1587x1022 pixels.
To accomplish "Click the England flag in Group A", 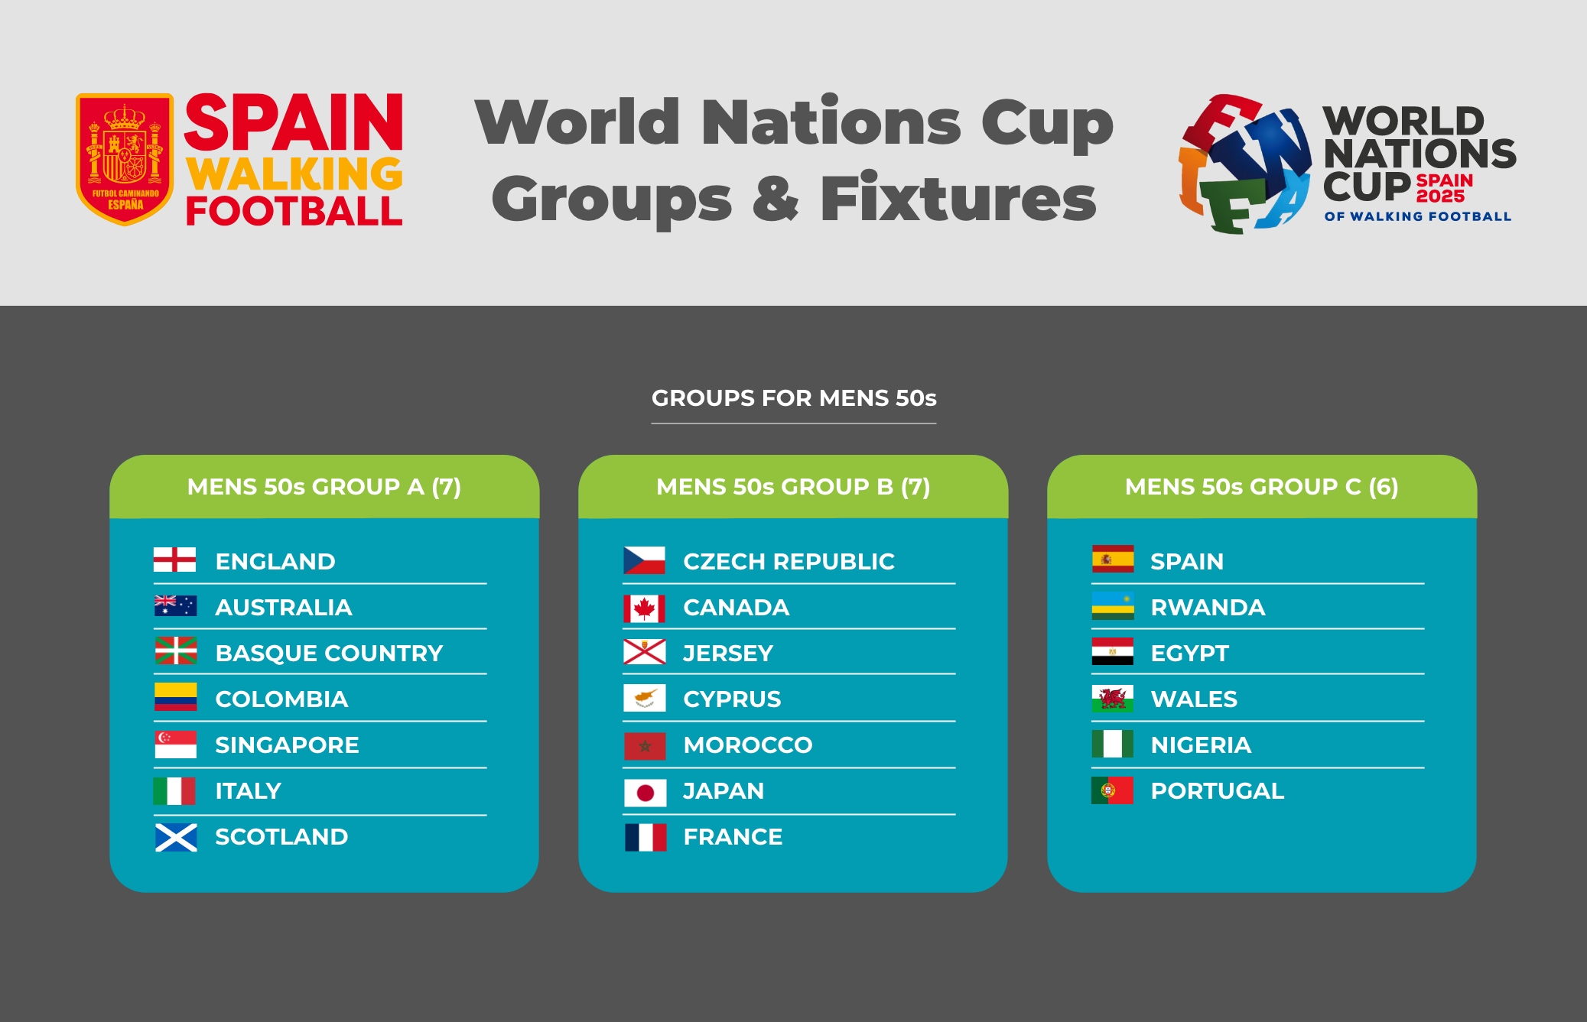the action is pos(174,560).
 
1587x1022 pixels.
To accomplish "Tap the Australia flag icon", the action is pos(175,606).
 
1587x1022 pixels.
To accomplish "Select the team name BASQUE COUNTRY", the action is pos(329,654).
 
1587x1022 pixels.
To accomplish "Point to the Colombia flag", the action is pos(175,697).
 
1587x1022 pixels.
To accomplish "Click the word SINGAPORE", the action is pos(287,745).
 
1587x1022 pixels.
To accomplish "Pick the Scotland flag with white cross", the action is pos(176,837).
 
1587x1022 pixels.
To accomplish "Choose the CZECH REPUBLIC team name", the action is pos(789,562).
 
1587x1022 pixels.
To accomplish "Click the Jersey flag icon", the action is pos(645,652).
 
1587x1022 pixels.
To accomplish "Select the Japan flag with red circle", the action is pos(645,793).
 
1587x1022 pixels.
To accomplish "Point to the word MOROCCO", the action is pos(748,745).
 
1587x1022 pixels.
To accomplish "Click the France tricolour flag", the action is pos(646,837).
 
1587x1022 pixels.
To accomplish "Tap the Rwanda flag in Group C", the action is pos(1113,605).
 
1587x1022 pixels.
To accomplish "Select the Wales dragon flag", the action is pos(1113,699).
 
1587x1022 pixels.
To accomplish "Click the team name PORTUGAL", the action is pos(1218,791).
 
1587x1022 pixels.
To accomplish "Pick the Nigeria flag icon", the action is pos(1113,744).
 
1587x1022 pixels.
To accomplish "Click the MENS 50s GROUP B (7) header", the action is pos(793,487).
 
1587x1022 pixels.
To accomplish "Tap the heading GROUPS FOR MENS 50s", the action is pos(794,398).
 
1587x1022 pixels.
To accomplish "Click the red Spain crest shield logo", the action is pos(125,159).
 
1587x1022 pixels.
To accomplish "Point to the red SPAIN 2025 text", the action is pos(1444,188).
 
